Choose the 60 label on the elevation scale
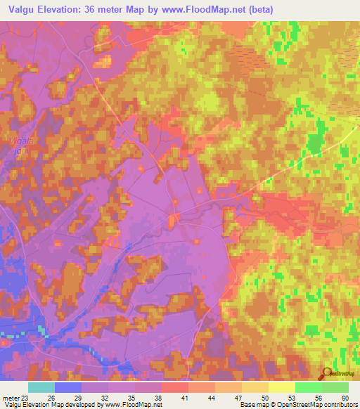344,398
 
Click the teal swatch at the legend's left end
41,387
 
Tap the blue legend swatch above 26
68,387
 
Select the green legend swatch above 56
308,387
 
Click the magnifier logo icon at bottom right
326,373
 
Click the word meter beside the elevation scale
11,398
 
